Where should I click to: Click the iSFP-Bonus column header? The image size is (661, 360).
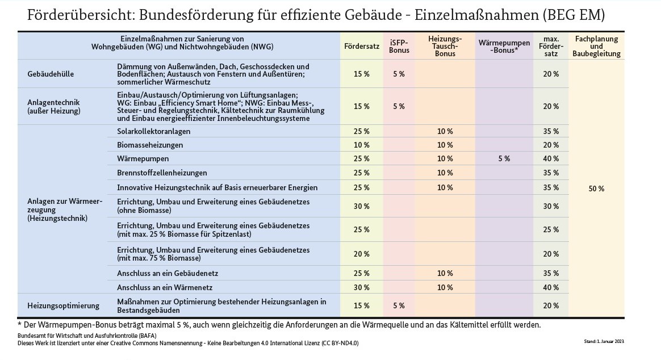pyautogui.click(x=399, y=46)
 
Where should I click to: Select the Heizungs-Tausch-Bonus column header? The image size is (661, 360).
pyautogui.click(x=445, y=46)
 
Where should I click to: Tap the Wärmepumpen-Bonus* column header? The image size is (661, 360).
pyautogui.click(x=504, y=46)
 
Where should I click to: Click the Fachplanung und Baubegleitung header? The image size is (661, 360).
pyautogui.click(x=596, y=46)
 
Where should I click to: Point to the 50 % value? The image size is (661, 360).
pyautogui.click(x=596, y=189)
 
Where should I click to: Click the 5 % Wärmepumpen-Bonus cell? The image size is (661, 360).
pyautogui.click(x=504, y=159)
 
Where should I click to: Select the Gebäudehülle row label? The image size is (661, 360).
pyautogui.click(x=51, y=74)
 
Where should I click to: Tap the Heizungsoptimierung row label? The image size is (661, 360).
pyautogui.click(x=63, y=306)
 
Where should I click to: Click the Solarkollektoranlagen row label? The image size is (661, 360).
pyautogui.click(x=153, y=131)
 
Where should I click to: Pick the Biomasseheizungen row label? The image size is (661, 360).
pyautogui.click(x=150, y=145)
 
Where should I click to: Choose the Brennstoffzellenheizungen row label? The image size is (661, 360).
pyautogui.click(x=162, y=173)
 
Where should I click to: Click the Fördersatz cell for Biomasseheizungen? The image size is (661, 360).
pyautogui.click(x=361, y=145)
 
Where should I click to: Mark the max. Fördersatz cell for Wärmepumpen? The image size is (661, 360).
pyautogui.click(x=551, y=159)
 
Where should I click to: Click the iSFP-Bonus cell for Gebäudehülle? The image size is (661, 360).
pyautogui.click(x=399, y=74)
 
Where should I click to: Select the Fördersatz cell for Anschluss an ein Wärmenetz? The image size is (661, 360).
pyautogui.click(x=361, y=287)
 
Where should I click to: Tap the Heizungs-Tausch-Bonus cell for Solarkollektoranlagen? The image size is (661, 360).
pyautogui.click(x=445, y=131)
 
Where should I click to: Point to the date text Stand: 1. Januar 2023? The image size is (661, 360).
pyautogui.click(x=604, y=341)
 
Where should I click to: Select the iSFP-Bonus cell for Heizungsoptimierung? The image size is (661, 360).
pyautogui.click(x=399, y=306)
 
